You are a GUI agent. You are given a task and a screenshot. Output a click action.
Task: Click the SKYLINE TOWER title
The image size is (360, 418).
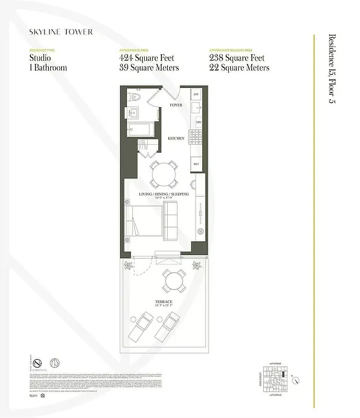tap(61, 32)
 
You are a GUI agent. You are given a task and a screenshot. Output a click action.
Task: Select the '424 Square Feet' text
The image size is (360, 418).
tap(147, 58)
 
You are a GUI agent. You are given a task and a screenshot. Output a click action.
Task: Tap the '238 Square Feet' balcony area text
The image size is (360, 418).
tap(237, 58)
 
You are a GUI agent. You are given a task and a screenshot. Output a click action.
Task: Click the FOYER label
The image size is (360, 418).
tap(176, 105)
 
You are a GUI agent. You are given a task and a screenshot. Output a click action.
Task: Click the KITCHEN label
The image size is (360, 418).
tap(176, 138)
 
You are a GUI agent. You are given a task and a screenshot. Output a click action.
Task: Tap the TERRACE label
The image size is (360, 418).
tap(164, 303)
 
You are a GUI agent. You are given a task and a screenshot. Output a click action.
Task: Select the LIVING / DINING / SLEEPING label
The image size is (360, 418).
tap(164, 194)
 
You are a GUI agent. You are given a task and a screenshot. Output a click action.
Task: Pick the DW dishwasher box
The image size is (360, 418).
tap(196, 94)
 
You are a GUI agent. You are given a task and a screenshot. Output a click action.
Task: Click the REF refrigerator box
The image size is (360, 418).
tap(196, 164)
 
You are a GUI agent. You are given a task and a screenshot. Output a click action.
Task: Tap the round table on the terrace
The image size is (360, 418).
tap(172, 281)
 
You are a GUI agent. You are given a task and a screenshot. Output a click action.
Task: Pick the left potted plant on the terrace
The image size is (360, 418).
tap(127, 265)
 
